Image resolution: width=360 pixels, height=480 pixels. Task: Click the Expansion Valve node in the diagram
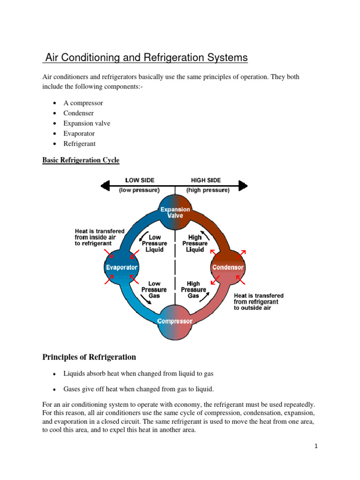coord(175,213)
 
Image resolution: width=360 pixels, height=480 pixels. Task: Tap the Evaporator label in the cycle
coord(121,267)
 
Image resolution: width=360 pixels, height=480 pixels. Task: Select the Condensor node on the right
coord(228,267)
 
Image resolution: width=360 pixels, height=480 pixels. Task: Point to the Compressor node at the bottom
coord(175,321)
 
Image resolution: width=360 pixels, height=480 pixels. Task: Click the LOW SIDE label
coord(139,180)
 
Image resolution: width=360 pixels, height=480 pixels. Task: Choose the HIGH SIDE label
coord(206,180)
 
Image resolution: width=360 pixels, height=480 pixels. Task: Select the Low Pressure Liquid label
coord(154,244)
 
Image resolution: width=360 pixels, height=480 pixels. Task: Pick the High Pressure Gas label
coord(194,290)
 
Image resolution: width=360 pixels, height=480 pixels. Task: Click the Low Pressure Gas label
coord(154,290)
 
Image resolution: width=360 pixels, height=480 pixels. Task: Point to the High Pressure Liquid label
coord(195,244)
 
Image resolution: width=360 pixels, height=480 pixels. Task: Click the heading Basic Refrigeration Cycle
coord(81,160)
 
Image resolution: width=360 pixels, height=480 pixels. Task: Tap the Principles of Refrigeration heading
coord(89,357)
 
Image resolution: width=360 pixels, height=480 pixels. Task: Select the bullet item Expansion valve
coord(87,123)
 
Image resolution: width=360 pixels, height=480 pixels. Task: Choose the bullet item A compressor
coord(83,103)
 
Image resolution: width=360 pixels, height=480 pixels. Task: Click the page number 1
coord(316,446)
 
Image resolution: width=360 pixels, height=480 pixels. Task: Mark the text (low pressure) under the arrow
coord(139,190)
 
